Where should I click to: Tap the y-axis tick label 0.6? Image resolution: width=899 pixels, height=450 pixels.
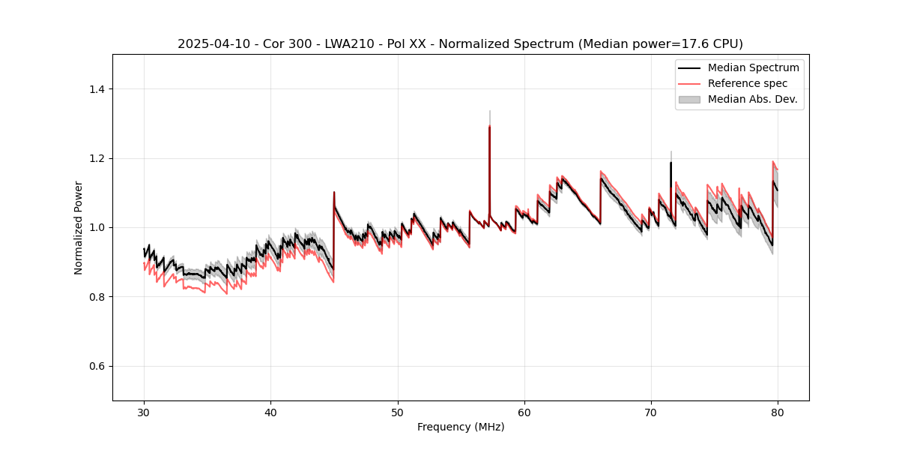(x=97, y=366)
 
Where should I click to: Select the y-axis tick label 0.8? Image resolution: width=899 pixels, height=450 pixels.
(x=97, y=297)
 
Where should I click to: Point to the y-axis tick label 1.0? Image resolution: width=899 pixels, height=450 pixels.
(x=97, y=227)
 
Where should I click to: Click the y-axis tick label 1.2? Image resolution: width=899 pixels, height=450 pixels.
(x=97, y=158)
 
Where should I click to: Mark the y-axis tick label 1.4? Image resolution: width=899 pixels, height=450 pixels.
(x=97, y=89)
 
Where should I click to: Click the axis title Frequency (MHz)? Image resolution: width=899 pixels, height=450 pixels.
(x=461, y=427)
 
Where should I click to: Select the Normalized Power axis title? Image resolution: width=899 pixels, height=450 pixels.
(x=79, y=227)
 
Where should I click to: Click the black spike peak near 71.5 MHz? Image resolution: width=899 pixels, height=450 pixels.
(x=671, y=162)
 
